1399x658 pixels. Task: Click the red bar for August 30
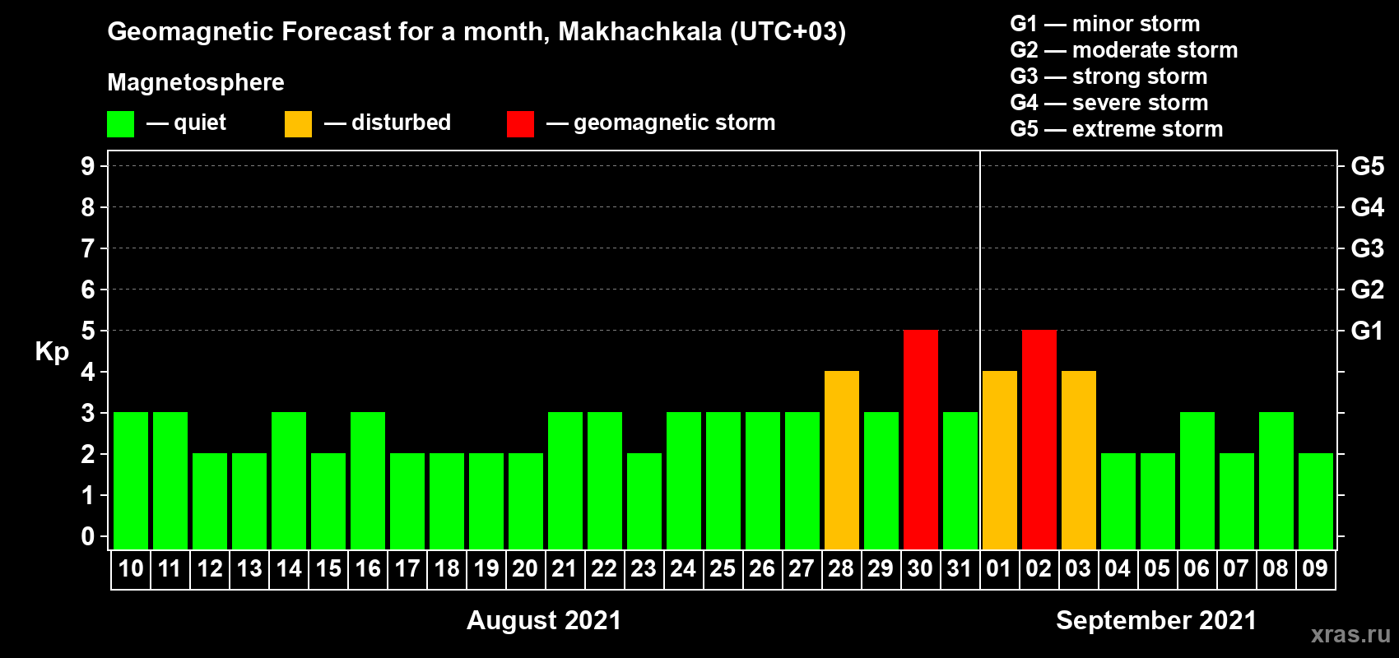pos(921,439)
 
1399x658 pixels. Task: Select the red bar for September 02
pos(1039,439)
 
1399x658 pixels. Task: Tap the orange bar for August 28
pos(842,460)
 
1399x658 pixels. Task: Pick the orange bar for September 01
pos(1000,460)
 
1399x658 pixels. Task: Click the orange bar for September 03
pos(1079,460)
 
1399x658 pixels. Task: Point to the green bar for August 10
pos(131,480)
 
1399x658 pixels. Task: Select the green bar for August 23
pos(644,501)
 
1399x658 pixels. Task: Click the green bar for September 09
pos(1316,501)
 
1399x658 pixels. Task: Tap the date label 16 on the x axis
pos(368,568)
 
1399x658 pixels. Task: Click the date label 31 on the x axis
pos(960,568)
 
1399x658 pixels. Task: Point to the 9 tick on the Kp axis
pos(87,166)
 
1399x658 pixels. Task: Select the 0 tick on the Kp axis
pos(87,536)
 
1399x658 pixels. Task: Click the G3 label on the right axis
pos(1367,248)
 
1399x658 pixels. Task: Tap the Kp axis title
pos(52,351)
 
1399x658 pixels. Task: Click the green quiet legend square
pos(120,123)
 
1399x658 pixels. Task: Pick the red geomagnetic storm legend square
pos(521,123)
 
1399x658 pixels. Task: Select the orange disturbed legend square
pos(299,123)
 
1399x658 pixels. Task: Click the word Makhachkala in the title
pos(640,31)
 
